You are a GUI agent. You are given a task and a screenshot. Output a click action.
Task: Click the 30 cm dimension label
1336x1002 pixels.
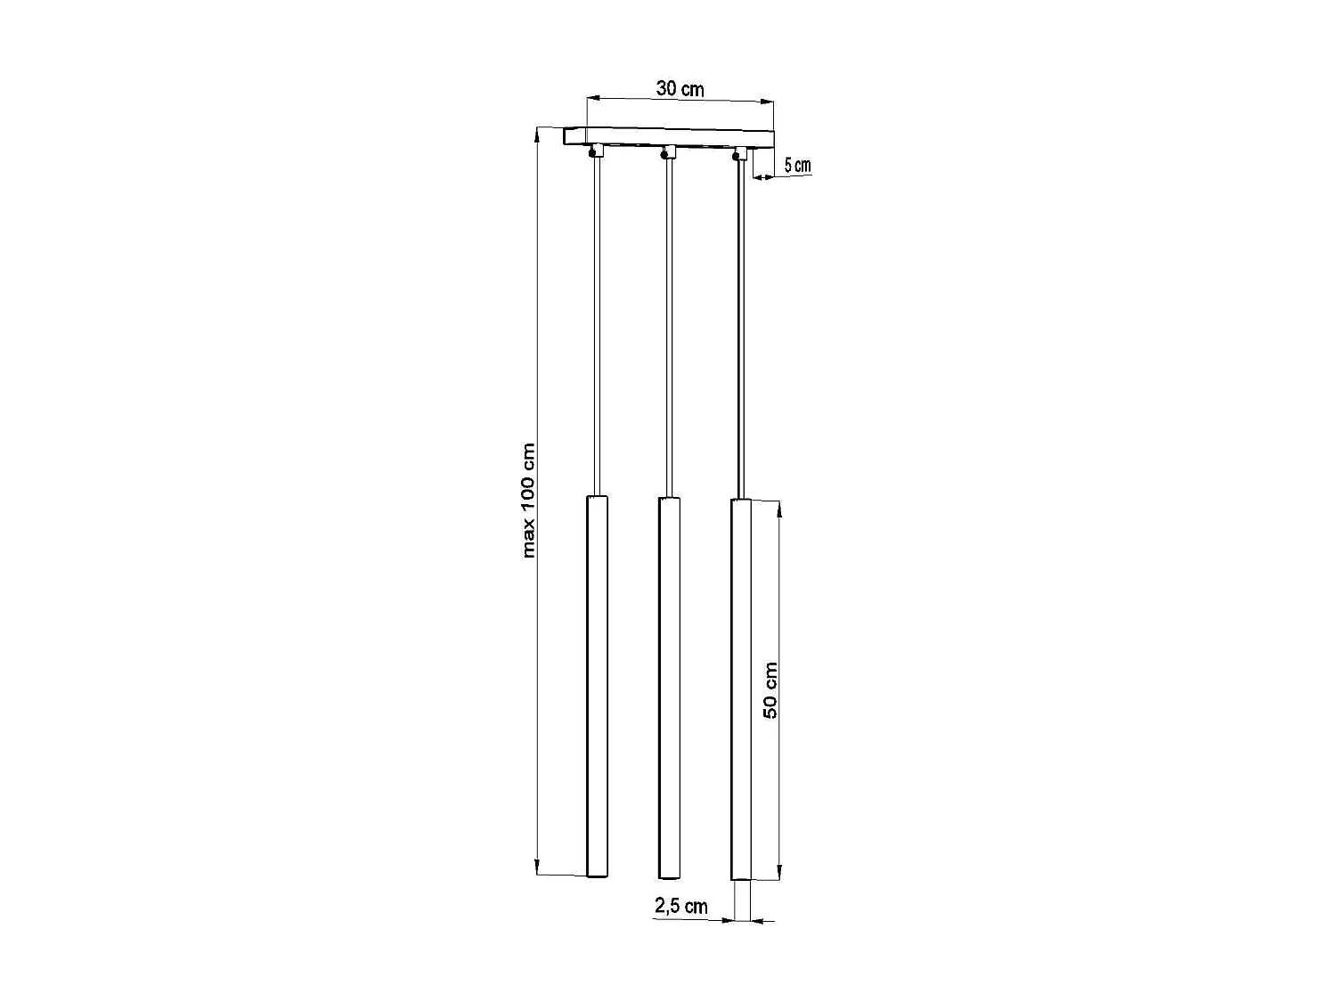coord(680,89)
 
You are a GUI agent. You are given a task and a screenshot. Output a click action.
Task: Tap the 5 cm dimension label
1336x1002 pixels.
coord(797,166)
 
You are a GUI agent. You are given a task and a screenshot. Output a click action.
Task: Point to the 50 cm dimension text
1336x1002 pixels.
coord(770,690)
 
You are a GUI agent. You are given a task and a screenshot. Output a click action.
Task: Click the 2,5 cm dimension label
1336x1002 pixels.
coord(681,907)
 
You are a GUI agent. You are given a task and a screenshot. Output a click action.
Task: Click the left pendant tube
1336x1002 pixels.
coord(597,686)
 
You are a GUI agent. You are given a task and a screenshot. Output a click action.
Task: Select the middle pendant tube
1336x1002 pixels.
coord(668,686)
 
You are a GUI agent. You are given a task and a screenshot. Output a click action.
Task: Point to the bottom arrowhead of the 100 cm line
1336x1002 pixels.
coord(537,868)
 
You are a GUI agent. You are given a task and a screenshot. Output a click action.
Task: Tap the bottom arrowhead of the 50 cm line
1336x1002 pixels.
coord(780,872)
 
